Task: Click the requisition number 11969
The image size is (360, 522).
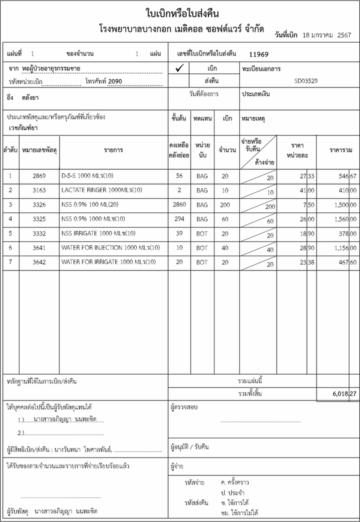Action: [x=259, y=54]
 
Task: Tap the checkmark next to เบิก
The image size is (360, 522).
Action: [x=179, y=68]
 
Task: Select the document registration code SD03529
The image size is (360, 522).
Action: [x=306, y=81]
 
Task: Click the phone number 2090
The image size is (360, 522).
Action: [x=115, y=81]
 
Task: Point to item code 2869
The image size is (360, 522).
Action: [x=39, y=176]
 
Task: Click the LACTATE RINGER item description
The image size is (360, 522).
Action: [x=102, y=190]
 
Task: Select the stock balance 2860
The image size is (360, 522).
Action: [x=179, y=205]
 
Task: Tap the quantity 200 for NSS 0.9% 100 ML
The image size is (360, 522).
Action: [x=225, y=205]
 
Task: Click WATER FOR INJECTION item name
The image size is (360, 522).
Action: [x=110, y=248]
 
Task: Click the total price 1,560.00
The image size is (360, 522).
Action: [x=345, y=219]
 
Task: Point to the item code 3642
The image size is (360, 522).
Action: [x=39, y=262]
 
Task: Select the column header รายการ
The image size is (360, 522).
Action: [x=113, y=150]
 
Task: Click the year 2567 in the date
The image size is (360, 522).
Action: [x=344, y=35]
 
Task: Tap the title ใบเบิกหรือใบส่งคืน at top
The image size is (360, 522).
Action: [x=182, y=13]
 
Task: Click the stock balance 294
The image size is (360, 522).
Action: [x=179, y=219]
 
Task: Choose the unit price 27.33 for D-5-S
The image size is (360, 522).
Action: [x=307, y=176]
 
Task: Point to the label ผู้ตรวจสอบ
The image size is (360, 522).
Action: [x=184, y=407]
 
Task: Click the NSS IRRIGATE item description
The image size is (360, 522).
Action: [x=98, y=233]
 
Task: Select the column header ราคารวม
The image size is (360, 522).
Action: [x=341, y=150]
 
